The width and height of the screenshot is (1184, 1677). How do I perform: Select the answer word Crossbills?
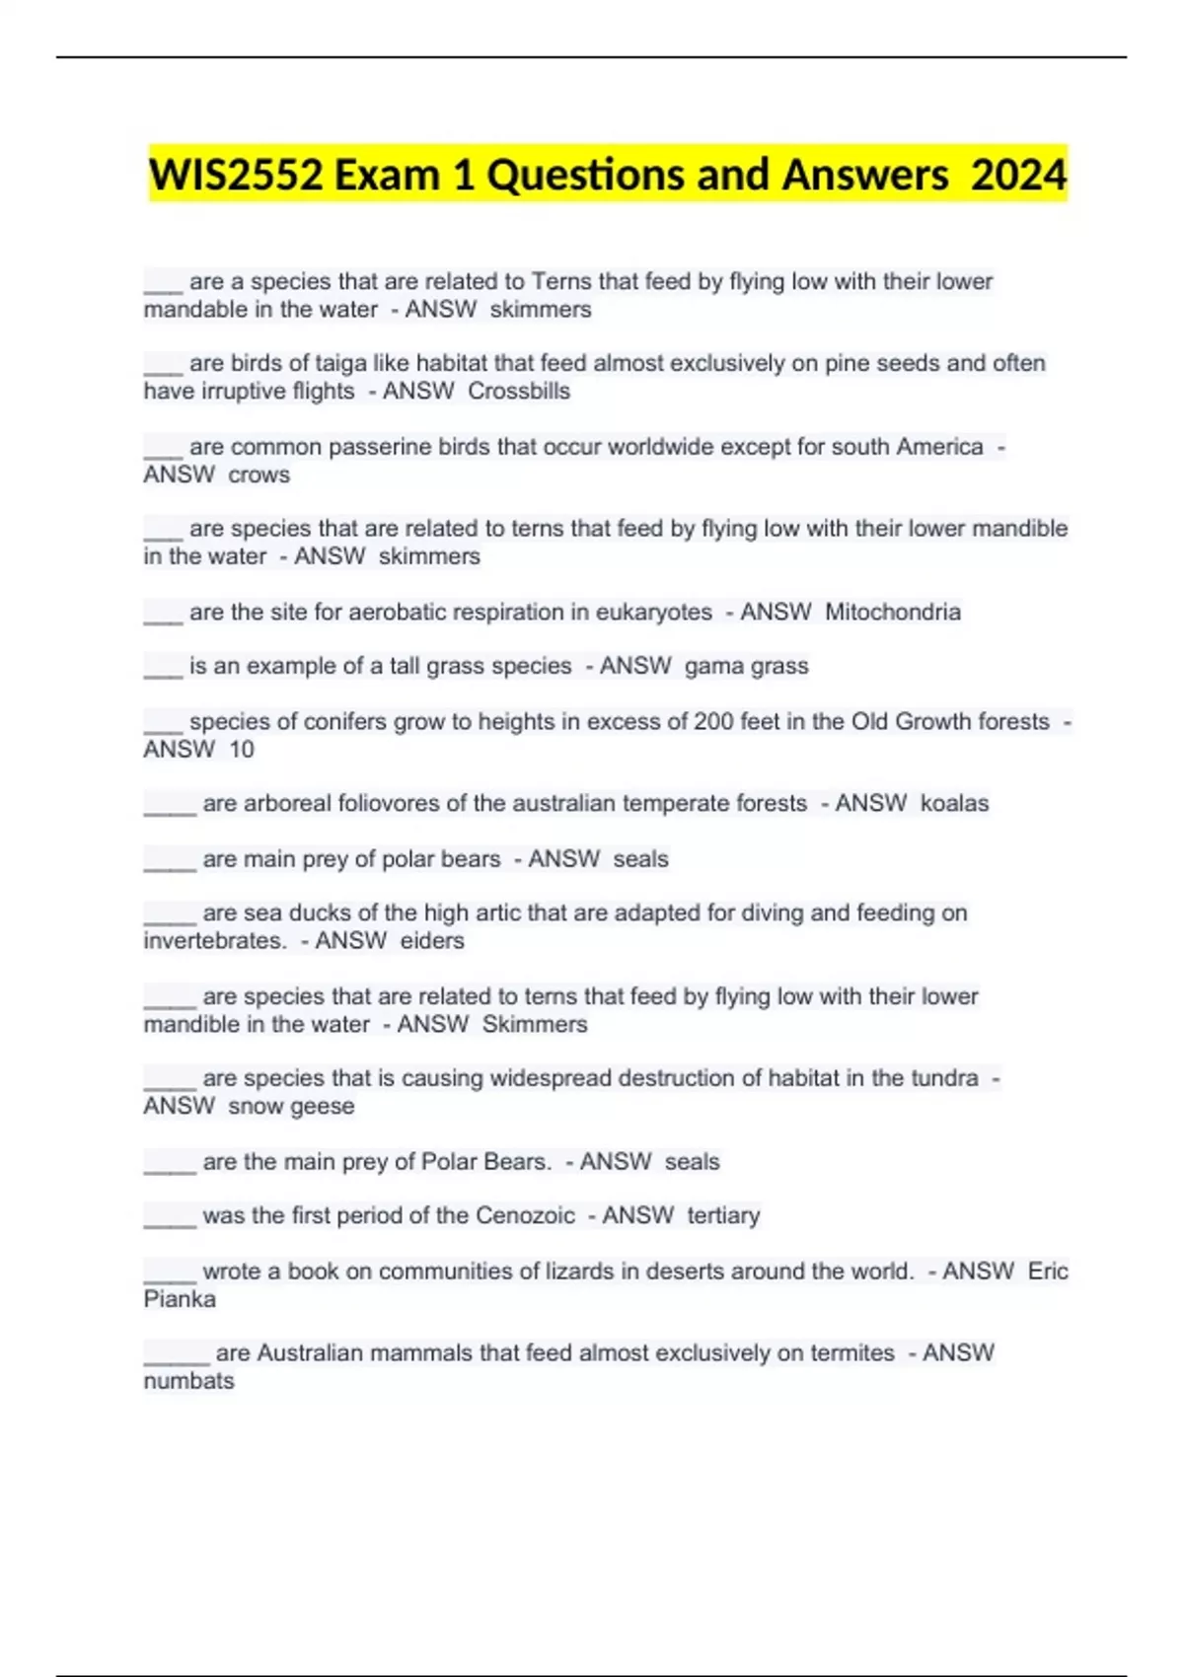[x=519, y=392]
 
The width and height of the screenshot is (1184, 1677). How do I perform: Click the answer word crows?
[x=259, y=475]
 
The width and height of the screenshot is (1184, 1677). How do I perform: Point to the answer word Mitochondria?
[x=892, y=613]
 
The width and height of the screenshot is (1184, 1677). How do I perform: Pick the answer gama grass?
[x=746, y=667]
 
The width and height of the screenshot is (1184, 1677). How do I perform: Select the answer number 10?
[x=242, y=750]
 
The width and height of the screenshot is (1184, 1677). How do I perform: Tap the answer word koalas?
[x=954, y=804]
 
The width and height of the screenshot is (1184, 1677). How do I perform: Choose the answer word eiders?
[x=432, y=941]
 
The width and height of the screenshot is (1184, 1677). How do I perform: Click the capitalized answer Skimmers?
[x=535, y=1025]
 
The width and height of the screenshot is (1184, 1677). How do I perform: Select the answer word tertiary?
[x=723, y=1216]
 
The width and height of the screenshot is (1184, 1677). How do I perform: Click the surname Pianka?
[x=180, y=1299]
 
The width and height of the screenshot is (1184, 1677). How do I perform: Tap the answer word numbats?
[x=189, y=1381]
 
